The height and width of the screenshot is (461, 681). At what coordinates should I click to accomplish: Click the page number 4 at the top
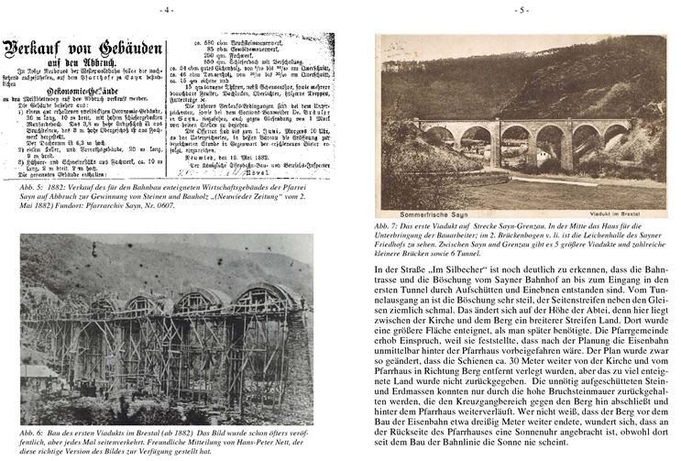(x=166, y=10)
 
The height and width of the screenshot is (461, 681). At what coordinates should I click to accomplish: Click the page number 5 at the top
(x=521, y=10)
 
